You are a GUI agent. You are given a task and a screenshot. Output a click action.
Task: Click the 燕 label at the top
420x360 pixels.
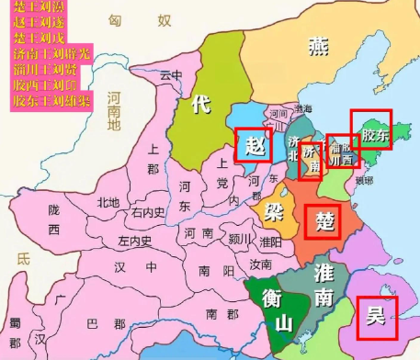tap(319, 46)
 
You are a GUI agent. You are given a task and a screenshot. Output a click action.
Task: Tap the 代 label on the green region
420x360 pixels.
tap(201, 105)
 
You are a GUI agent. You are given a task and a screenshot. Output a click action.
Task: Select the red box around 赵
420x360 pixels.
tap(253, 145)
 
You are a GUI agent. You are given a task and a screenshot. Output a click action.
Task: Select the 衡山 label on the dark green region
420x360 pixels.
tap(278, 309)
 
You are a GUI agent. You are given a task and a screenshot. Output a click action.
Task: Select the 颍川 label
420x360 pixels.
tap(239, 237)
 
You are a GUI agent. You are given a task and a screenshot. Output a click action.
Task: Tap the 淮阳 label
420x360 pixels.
tap(271, 242)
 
